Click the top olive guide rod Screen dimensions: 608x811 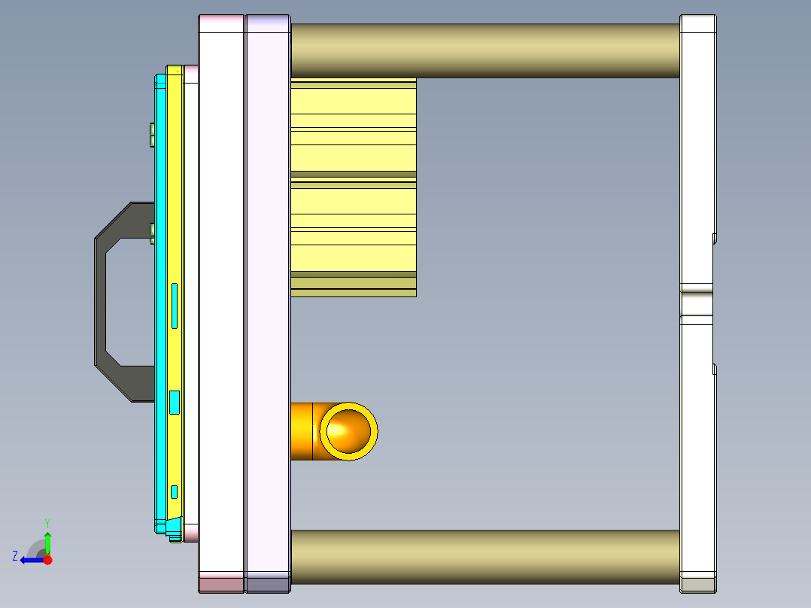point(484,50)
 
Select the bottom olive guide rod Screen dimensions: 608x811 point(484,557)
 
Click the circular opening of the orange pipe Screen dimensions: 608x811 point(349,430)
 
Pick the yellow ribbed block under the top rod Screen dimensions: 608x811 point(353,188)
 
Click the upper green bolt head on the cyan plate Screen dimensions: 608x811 point(152,135)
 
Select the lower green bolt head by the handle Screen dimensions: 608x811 point(152,233)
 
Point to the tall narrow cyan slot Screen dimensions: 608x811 point(175,306)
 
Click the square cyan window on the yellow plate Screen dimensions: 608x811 point(175,403)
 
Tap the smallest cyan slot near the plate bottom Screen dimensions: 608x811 point(175,491)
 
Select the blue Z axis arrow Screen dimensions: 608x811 point(32,560)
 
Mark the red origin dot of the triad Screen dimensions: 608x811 point(47,560)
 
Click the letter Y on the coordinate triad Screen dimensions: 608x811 point(47,522)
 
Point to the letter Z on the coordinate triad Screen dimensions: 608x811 point(15,556)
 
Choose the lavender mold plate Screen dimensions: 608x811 point(268,301)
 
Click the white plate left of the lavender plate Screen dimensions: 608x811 point(221,301)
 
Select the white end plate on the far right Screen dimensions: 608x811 point(697,150)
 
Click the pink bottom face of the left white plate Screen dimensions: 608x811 point(221,584)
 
